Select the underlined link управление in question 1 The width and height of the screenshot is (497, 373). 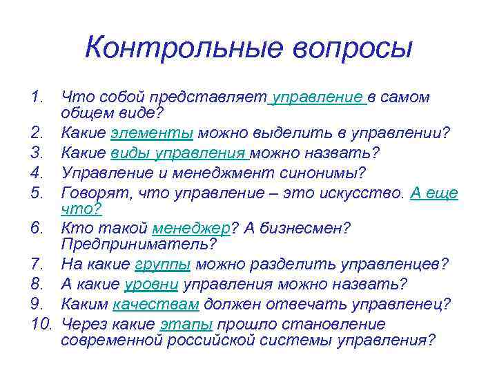319,98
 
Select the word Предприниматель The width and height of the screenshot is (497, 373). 137,243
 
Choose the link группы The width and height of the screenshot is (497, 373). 164,265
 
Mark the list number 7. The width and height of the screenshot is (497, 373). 37,265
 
